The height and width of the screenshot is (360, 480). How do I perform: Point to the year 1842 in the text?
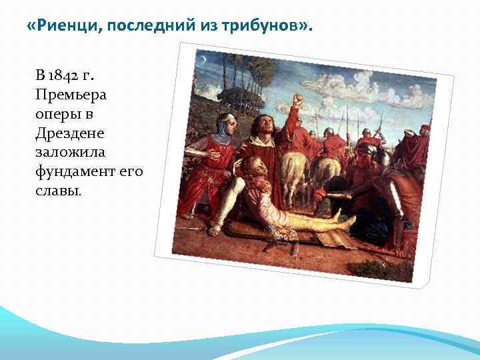(69, 75)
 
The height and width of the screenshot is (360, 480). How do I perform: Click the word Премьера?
(71, 94)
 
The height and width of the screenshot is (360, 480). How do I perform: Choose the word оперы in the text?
(60, 113)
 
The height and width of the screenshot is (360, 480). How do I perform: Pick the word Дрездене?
(70, 133)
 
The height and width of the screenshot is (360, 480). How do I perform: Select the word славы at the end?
(58, 191)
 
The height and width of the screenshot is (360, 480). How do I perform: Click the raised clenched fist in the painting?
(297, 101)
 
